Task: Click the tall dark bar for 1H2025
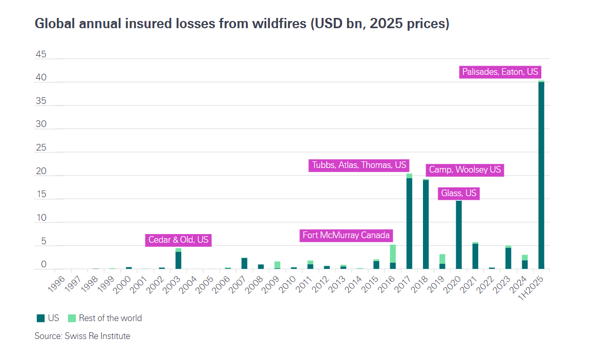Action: pos(541,175)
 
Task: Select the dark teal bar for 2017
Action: pos(409,223)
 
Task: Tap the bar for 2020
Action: pos(459,235)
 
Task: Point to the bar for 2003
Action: pos(178,260)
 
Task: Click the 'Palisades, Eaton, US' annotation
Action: pos(500,72)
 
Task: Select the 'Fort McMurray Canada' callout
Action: pos(346,236)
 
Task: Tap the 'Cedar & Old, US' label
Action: pos(178,240)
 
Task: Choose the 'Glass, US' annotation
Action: pos(458,193)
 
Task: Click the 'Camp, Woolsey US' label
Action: pos(464,170)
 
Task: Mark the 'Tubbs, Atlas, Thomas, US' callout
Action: pos(358,165)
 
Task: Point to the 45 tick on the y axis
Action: pos(40,54)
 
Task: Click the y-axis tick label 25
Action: pos(40,148)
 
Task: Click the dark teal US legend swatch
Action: pos(41,318)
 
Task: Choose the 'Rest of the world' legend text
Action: pos(110,318)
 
